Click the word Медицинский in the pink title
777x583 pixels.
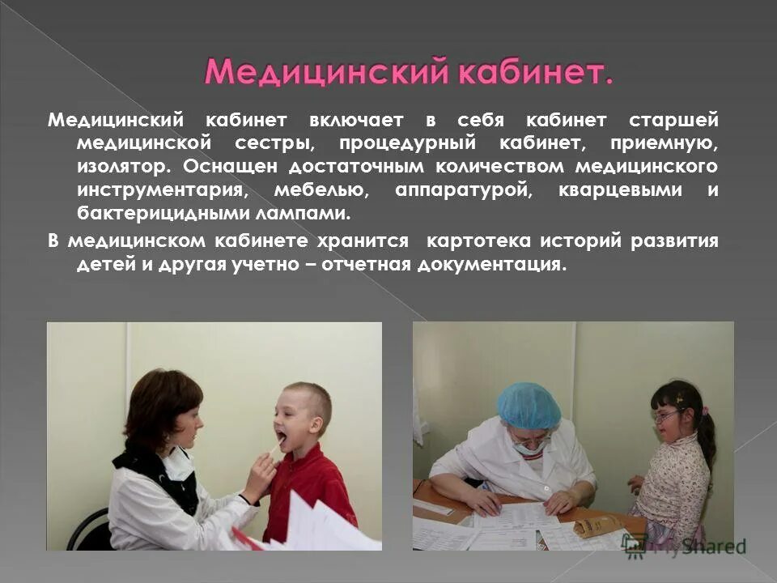[x=325, y=72]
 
